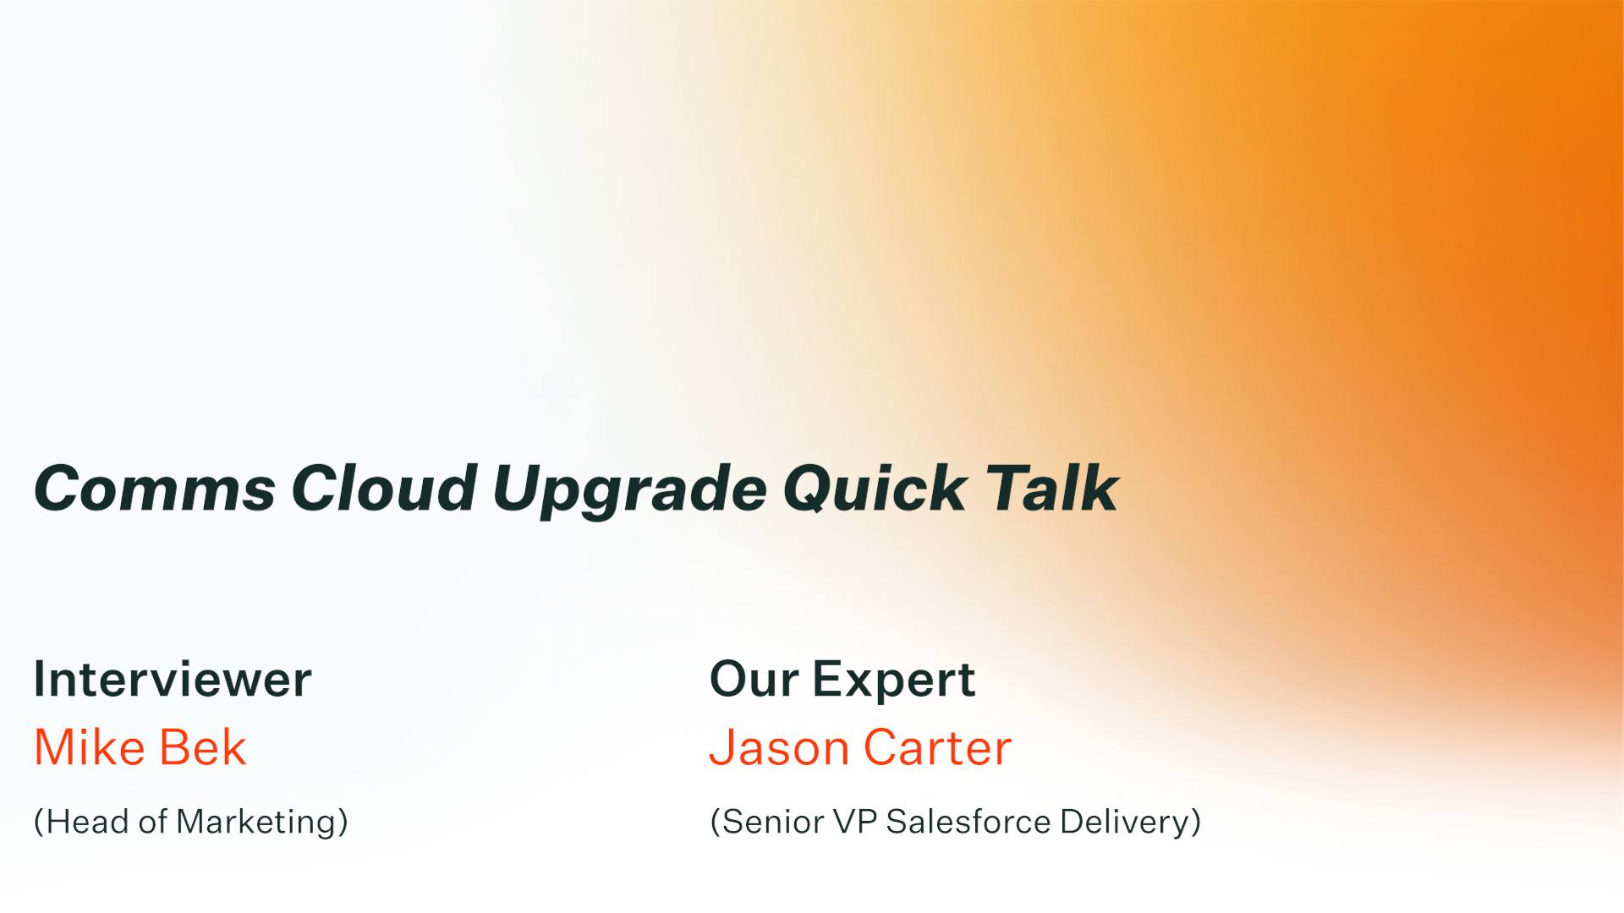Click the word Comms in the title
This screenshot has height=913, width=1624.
(154, 489)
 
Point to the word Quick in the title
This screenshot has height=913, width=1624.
(874, 489)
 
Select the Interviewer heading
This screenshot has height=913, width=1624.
(173, 679)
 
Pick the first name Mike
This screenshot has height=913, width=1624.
(89, 747)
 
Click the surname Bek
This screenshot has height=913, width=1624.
(202, 747)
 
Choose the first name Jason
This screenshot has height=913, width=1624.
(779, 749)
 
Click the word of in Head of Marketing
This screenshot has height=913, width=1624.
(152, 822)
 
